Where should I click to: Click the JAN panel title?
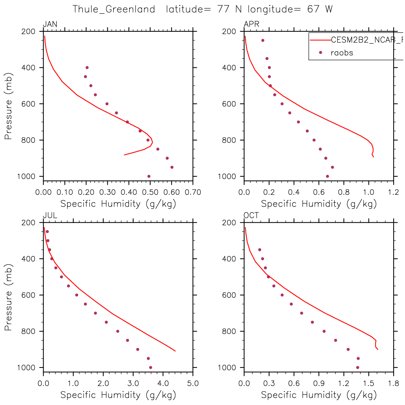click(x=50, y=24)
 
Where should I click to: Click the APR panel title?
click(x=251, y=24)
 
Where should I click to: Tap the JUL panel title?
click(x=50, y=216)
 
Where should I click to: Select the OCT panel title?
click(x=251, y=216)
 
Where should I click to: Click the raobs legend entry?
click(x=341, y=53)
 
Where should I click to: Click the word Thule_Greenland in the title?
click(x=114, y=9)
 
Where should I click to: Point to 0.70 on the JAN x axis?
click(x=193, y=192)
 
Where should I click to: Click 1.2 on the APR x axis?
click(x=394, y=192)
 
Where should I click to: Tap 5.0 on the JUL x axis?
click(x=193, y=384)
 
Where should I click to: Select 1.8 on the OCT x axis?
click(x=394, y=384)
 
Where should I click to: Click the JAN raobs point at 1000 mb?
click(x=149, y=176)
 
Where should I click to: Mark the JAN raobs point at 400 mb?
click(x=87, y=67)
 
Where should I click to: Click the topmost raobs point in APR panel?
click(x=263, y=40)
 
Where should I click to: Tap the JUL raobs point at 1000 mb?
click(x=151, y=368)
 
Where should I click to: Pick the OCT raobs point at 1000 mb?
click(x=358, y=368)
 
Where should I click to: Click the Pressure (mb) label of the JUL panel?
click(x=9, y=297)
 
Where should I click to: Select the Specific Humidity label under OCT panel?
click(x=319, y=395)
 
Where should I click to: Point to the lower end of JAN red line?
click(x=124, y=155)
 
